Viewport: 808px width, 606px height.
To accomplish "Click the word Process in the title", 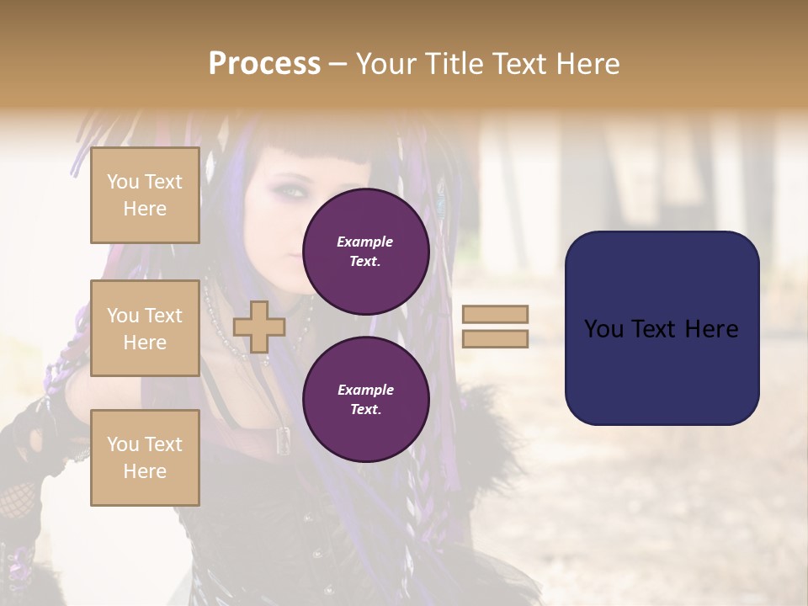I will (x=264, y=64).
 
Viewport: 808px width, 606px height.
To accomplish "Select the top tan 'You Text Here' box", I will (x=145, y=195).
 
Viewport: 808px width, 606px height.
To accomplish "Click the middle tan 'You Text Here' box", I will (x=145, y=328).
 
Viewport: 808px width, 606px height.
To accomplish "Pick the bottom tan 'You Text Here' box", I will (x=145, y=457).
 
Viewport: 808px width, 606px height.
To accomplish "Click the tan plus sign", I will (x=259, y=327).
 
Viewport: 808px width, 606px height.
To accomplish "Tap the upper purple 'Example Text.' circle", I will (x=365, y=251).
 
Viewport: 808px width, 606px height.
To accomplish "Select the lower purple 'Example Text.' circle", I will (x=365, y=399).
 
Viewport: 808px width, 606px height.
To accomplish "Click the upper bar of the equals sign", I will (x=495, y=314).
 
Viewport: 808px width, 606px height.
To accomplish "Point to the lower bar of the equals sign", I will (x=495, y=338).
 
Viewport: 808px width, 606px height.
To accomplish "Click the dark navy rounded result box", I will (x=662, y=328).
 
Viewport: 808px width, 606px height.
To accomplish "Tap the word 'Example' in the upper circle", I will (x=365, y=242).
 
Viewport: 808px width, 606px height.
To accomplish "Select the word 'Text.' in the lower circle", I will (x=365, y=409).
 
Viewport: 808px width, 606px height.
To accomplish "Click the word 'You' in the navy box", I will (x=603, y=329).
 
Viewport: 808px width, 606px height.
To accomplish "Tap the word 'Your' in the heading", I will (x=387, y=64).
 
